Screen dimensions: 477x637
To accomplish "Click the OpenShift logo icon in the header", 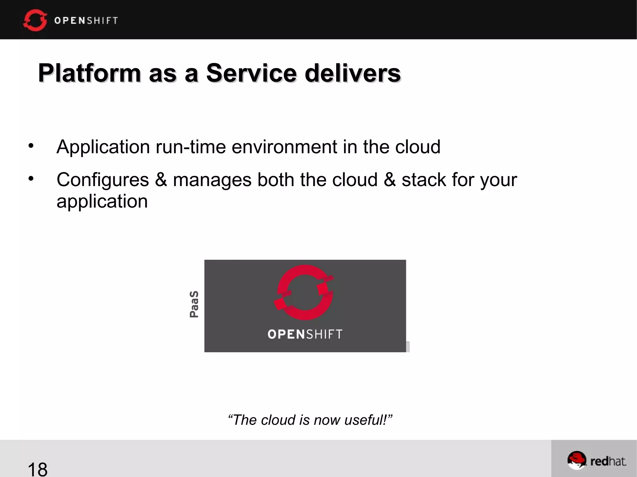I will point(35,20).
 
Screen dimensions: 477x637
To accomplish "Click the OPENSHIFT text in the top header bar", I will point(86,21).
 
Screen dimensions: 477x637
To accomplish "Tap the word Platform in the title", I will point(90,73).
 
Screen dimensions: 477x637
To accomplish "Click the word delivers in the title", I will point(353,73).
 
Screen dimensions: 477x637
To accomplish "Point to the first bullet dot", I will point(31,145).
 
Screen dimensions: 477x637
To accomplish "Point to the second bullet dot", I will point(31,178).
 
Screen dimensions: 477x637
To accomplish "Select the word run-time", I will point(191,147).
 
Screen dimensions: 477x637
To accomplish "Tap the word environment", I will point(284,147).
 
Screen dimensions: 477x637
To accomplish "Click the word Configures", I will point(103,180).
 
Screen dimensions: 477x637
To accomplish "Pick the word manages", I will point(212,180).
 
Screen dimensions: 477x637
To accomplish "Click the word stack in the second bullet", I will point(424,180).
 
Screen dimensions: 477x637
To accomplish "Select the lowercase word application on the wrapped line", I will point(102,202).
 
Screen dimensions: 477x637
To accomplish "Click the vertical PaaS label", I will point(194,304).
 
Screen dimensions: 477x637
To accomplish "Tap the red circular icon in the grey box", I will point(304,292).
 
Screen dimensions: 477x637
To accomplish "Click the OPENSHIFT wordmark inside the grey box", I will point(305,334).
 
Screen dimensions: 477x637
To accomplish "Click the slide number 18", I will point(38,469).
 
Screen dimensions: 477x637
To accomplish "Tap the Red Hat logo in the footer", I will point(597,461).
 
